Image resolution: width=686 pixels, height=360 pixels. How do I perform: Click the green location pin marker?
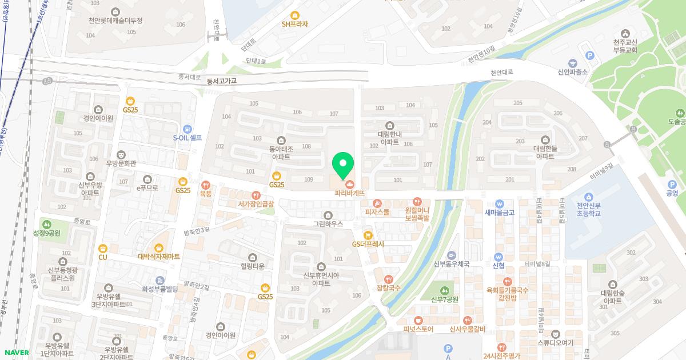[x=343, y=166]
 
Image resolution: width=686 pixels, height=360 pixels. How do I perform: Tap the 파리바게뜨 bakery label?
[x=350, y=193]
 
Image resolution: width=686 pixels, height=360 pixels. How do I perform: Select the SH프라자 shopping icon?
[x=295, y=15]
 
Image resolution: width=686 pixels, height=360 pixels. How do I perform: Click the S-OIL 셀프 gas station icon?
[x=188, y=129]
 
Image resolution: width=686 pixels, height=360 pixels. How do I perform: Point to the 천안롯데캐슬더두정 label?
[x=116, y=21]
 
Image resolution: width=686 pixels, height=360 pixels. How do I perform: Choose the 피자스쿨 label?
[x=377, y=212]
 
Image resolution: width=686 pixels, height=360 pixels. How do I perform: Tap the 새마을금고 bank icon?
[x=499, y=203]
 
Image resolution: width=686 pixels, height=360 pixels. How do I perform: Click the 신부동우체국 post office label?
[x=452, y=264]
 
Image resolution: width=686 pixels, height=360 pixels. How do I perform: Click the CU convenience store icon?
[x=103, y=248]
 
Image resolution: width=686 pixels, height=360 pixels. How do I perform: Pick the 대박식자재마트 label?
[x=159, y=257]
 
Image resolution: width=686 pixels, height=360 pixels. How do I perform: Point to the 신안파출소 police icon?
[x=572, y=63]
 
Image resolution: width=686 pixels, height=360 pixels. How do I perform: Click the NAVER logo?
[x=16, y=353]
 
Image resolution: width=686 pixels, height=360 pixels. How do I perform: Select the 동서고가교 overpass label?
[x=222, y=81]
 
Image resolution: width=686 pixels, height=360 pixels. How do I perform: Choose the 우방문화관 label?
[x=121, y=163]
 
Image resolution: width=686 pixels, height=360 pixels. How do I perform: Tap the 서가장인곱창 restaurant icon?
[x=256, y=195]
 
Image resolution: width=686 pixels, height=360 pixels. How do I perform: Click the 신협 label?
[x=498, y=265]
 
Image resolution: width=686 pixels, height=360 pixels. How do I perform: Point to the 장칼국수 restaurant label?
[x=389, y=288]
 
